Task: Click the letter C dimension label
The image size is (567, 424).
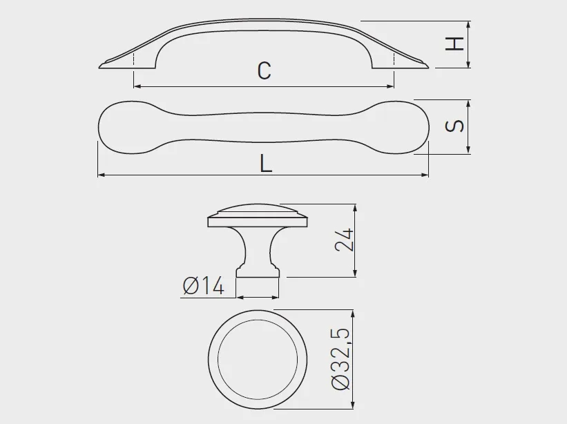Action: [265, 70]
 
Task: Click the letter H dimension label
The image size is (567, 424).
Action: [454, 44]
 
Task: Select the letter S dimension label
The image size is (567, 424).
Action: [454, 126]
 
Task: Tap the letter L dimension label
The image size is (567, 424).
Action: [265, 164]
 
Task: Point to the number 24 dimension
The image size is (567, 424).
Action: [343, 240]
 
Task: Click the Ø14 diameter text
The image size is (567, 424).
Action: [204, 286]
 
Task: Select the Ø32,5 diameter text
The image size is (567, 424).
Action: [340, 359]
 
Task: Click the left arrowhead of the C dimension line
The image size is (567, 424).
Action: [137, 86]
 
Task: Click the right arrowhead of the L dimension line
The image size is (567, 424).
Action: [425, 175]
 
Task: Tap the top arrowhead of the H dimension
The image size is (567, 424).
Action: [468, 25]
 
